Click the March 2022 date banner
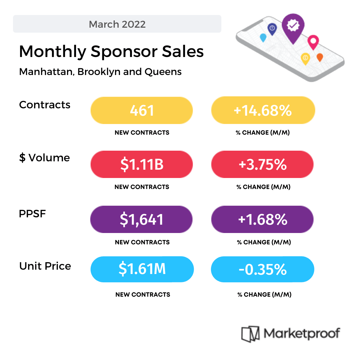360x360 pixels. point(117,24)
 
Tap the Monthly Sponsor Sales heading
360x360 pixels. point(111,52)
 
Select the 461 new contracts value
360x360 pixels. point(142,110)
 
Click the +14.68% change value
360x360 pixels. point(263,110)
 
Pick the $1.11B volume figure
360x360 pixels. point(142,164)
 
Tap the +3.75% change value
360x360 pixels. point(263,164)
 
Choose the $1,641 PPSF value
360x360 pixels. point(142,219)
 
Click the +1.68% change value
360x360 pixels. point(263,219)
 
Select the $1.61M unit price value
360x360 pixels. point(142,269)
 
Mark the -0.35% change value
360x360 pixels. point(263,269)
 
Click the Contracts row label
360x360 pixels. point(45,105)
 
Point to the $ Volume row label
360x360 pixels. point(45,158)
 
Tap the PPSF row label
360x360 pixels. point(32,214)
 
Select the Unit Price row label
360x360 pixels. point(45,266)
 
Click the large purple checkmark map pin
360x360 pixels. point(293,27)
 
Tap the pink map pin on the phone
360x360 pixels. point(313,41)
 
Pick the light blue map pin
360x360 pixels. point(263,37)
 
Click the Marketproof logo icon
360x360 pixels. point(250,334)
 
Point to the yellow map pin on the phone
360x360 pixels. point(305,58)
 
